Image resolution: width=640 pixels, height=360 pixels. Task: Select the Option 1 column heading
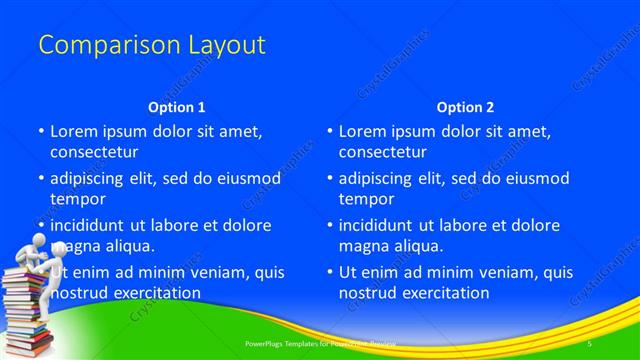click(x=177, y=106)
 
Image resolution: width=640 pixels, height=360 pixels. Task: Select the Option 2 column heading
click(x=465, y=106)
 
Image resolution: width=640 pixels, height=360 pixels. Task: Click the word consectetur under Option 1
click(x=94, y=152)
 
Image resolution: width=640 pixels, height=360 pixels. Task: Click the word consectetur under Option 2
click(x=383, y=152)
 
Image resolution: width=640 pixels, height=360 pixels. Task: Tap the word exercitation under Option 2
click(x=441, y=293)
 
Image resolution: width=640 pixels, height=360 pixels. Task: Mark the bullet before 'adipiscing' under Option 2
click(x=331, y=178)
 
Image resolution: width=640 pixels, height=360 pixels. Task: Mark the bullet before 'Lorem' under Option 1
click(x=42, y=131)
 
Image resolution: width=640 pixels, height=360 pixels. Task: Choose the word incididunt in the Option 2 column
click(x=380, y=225)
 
